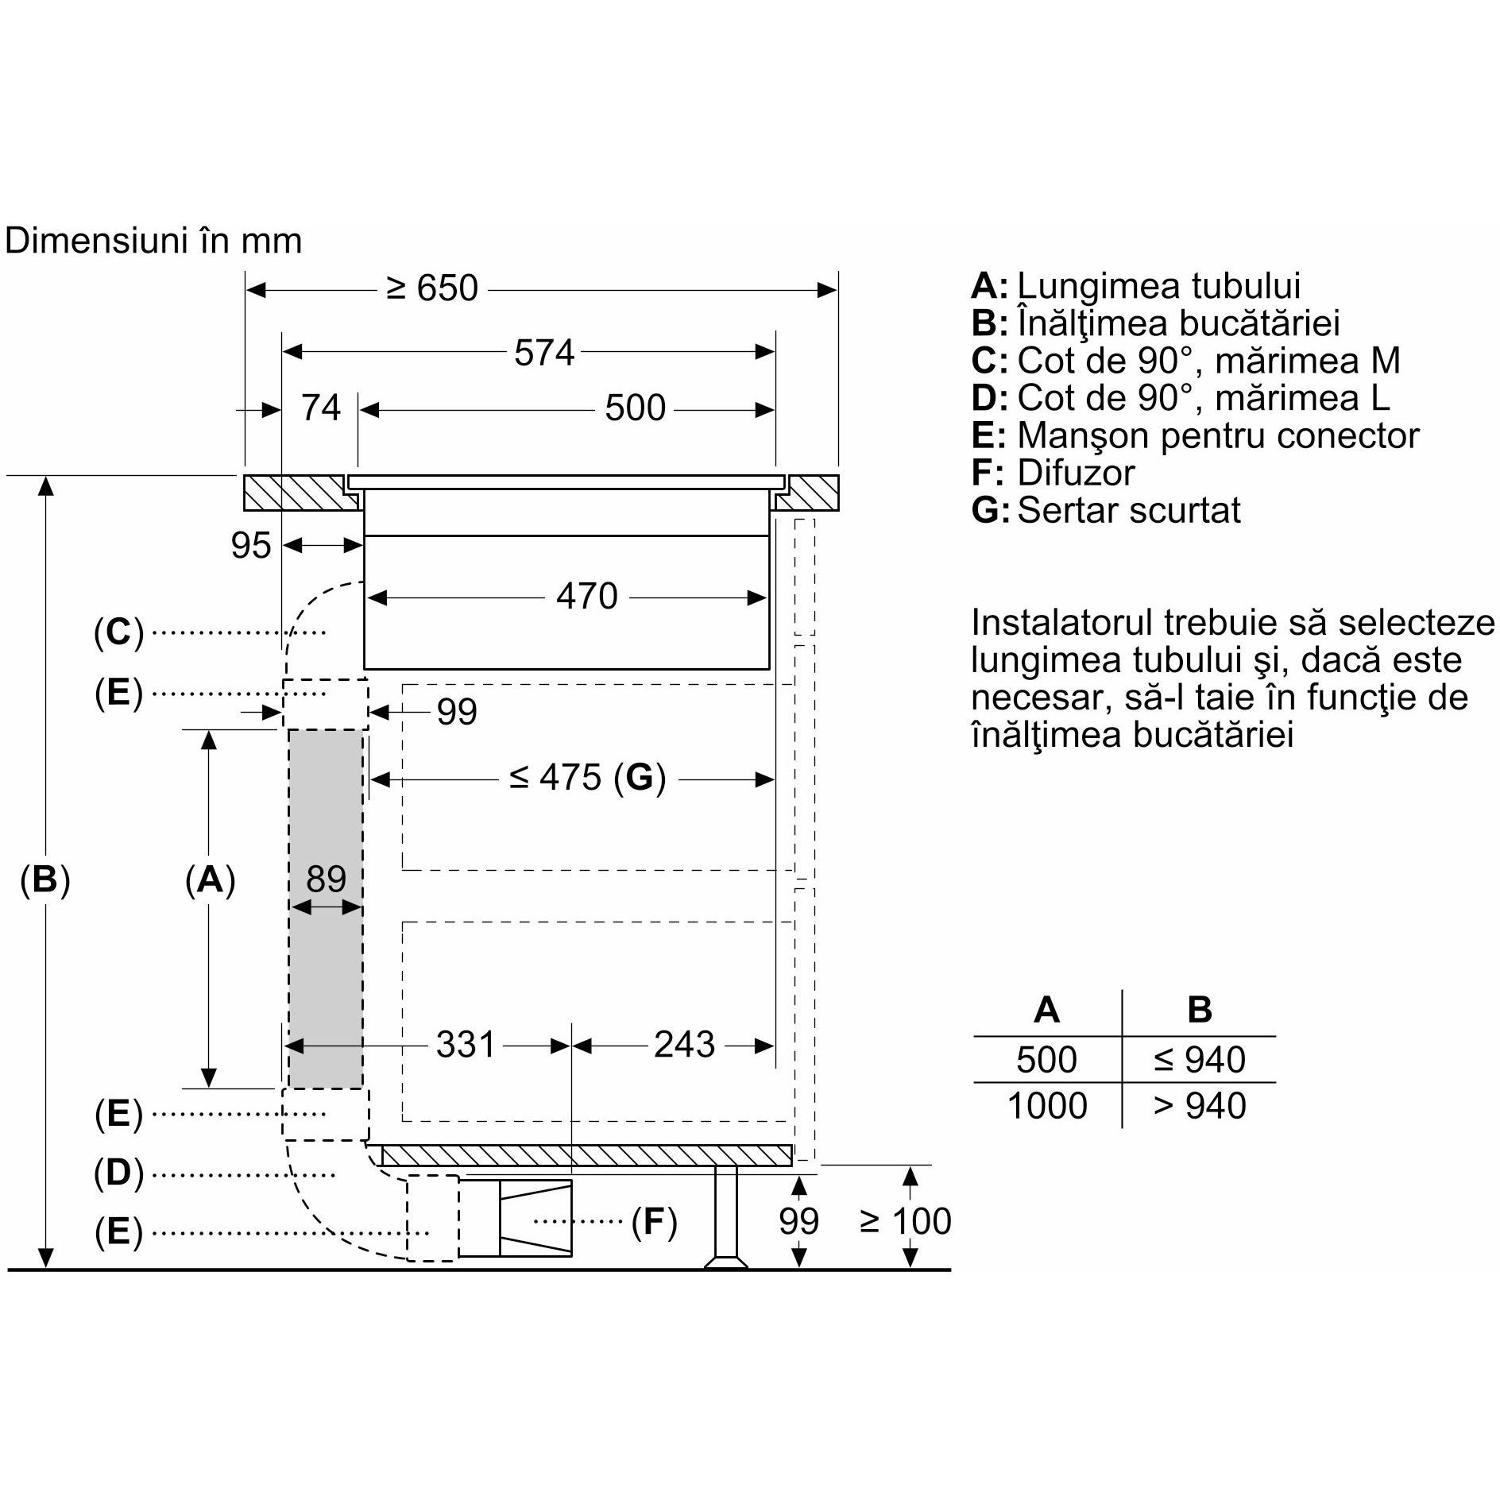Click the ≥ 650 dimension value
point(432,288)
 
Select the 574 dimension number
point(543,352)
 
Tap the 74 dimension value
point(320,408)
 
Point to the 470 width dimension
point(586,595)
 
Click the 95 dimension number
point(251,545)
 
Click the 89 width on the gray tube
point(326,879)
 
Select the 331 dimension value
point(466,1044)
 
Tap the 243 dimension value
point(684,1044)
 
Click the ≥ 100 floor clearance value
point(905,1221)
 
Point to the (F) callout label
point(654,1221)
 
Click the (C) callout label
point(118,632)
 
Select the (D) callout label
point(118,1173)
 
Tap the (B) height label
point(45,880)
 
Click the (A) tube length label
point(210,880)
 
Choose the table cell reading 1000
point(1046,1105)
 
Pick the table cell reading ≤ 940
point(1199,1059)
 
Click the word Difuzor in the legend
point(1076,473)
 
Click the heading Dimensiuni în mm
point(153,241)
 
